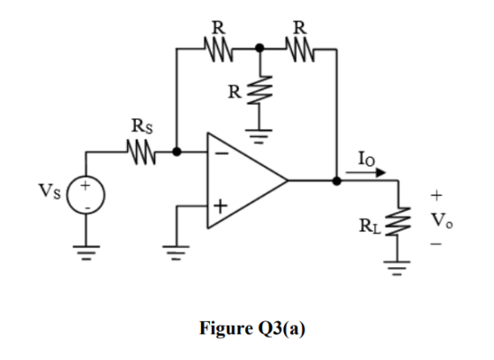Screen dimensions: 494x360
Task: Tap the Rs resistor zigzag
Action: [x=141, y=153]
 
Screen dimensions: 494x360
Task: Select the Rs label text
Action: [x=142, y=126]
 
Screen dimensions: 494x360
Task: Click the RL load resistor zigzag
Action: [x=398, y=221]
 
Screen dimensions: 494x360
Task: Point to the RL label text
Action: [x=370, y=227]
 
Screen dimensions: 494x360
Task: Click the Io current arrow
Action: [x=366, y=172]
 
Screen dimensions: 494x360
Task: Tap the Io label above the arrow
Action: [x=366, y=159]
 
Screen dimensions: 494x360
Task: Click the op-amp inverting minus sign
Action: [x=222, y=154]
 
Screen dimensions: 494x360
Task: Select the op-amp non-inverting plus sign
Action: [x=221, y=206]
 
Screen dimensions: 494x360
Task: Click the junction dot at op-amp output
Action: [x=337, y=181]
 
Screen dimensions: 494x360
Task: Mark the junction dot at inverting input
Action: [x=177, y=152]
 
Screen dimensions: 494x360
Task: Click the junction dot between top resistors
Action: [x=259, y=49]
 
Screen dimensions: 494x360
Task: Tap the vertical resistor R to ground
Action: [x=260, y=91]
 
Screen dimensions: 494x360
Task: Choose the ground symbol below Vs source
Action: [x=86, y=253]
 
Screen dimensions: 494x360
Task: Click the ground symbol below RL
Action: [x=397, y=268]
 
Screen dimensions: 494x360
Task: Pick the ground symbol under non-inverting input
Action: [x=176, y=253]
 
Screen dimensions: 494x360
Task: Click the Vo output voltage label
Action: [x=442, y=221]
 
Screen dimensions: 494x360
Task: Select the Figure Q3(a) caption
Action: [x=252, y=328]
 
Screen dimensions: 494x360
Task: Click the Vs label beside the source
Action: [x=49, y=191]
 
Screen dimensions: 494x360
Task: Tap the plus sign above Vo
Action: [x=437, y=196]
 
